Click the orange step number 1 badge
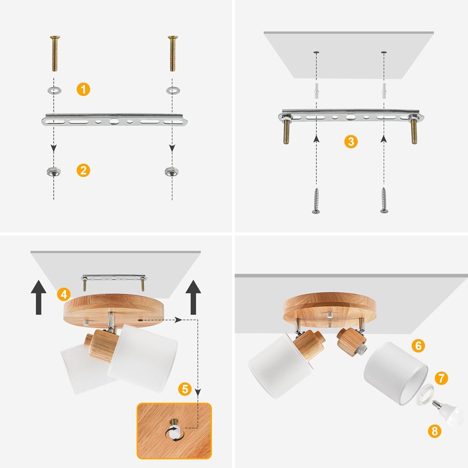83,89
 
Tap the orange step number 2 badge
83,170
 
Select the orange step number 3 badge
351,142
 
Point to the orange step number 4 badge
64,294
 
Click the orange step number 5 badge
185,389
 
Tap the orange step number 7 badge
441,378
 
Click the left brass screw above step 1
55,53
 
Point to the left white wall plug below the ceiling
316,91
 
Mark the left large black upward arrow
38,297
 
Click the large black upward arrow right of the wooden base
193,297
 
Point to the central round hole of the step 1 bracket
113,121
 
